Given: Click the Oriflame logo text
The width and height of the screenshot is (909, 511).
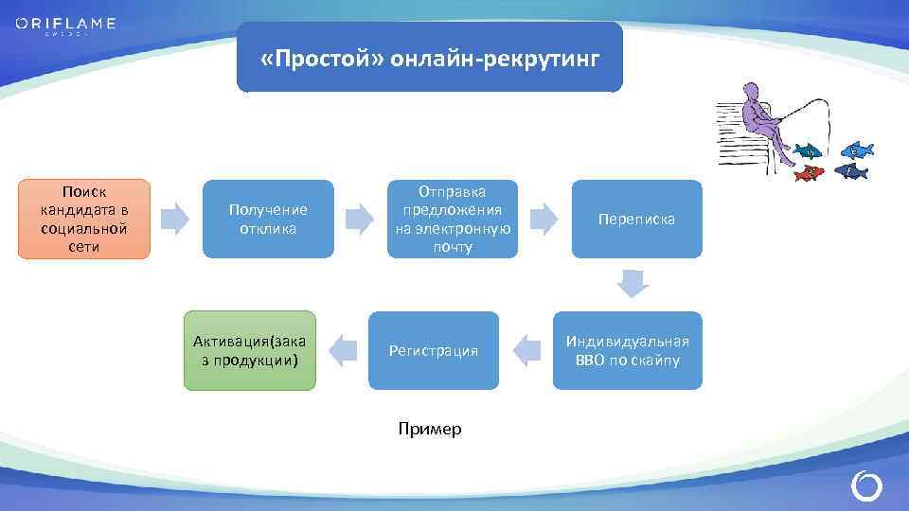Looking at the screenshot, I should click(65, 24).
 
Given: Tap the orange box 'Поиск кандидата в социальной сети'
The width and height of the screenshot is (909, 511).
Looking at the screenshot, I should click(84, 220).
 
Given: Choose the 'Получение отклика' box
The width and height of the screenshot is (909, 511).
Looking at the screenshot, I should click(268, 220).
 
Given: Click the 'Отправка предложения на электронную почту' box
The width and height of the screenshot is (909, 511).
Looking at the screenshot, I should click(453, 220).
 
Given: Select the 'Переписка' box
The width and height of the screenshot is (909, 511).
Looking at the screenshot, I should click(636, 220).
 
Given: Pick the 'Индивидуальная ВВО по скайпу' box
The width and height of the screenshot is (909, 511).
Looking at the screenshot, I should click(627, 351).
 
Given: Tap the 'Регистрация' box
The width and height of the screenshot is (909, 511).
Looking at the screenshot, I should click(434, 351).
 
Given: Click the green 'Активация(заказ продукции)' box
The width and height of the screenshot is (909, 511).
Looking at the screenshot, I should click(249, 351).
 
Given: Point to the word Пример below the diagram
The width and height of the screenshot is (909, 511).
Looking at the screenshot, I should click(430, 430).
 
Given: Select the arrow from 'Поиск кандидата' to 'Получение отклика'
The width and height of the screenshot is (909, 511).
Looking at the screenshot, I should click(175, 219).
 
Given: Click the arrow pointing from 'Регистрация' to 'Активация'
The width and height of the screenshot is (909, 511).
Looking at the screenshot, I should click(341, 351).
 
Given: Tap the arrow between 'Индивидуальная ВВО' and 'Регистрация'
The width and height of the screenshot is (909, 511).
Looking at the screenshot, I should click(526, 351).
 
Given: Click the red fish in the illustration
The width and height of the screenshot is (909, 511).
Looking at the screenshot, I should click(808, 173).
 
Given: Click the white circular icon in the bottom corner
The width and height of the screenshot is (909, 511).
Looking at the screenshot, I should click(866, 486).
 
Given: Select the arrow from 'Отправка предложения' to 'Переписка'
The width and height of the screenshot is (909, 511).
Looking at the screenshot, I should click(544, 219).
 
